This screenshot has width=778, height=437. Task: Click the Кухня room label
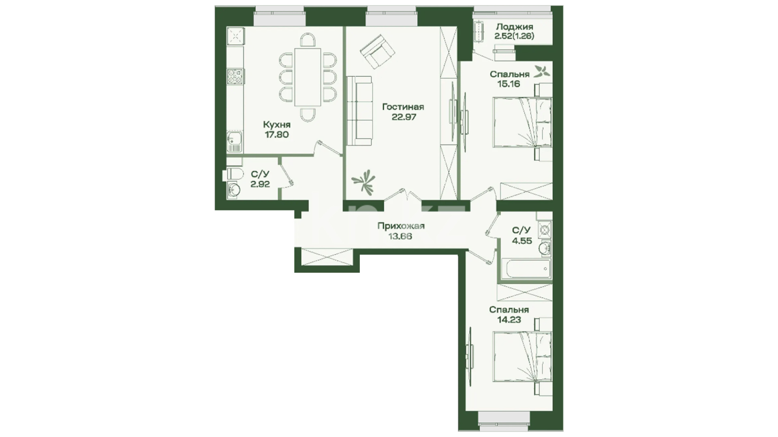277,124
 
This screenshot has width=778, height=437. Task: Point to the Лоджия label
515,27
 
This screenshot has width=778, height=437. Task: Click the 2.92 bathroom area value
260,184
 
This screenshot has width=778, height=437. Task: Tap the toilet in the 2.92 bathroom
233,175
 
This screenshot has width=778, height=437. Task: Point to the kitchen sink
234,142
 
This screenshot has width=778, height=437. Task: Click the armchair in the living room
377,51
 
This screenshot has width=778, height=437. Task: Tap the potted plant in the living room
363,182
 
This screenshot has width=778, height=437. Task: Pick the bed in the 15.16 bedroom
522,122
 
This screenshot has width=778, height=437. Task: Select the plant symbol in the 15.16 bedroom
541,72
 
